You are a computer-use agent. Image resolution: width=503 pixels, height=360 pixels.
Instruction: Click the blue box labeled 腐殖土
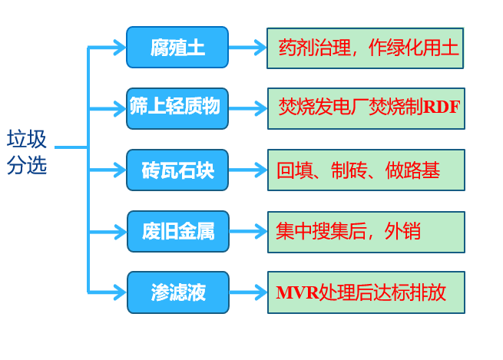pyautogui.click(x=177, y=48)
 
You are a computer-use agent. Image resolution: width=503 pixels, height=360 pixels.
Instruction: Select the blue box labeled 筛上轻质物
pyautogui.click(x=177, y=109)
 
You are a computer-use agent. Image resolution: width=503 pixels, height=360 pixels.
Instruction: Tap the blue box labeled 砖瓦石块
pyautogui.click(x=177, y=170)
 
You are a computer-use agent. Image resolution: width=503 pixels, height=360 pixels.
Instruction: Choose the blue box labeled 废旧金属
pyautogui.click(x=178, y=232)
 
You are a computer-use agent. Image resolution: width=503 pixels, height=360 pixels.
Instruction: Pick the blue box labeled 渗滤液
pyautogui.click(x=178, y=292)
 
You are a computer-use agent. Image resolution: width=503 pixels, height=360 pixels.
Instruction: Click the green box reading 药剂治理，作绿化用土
pyautogui.click(x=365, y=48)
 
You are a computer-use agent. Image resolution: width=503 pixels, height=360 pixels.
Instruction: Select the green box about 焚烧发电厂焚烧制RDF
pyautogui.click(x=366, y=109)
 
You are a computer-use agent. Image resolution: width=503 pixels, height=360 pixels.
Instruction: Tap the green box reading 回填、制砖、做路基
pyautogui.click(x=366, y=170)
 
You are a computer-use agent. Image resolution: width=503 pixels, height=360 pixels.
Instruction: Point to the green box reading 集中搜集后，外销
pyautogui.click(x=366, y=232)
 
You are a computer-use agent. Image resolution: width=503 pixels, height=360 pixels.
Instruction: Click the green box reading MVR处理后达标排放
pyautogui.click(x=366, y=292)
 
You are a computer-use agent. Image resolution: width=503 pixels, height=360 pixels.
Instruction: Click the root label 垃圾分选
pyautogui.click(x=27, y=152)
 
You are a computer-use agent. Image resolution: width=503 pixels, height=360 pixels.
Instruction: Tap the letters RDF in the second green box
pyautogui.click(x=442, y=107)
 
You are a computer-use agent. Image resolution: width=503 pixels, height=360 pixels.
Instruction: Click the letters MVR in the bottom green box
pyautogui.click(x=297, y=292)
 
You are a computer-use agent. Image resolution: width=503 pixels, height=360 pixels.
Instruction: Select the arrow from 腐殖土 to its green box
pyautogui.click(x=247, y=48)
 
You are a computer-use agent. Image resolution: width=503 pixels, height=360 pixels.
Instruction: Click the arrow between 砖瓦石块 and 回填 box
pyautogui.click(x=248, y=170)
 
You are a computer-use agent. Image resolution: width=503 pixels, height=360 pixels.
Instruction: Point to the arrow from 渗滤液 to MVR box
pyautogui.click(x=248, y=292)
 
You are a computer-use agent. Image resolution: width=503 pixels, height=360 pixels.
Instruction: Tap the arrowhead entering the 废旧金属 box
pyautogui.click(x=121, y=232)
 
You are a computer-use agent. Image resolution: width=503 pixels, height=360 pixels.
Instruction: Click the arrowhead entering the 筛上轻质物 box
pyautogui.click(x=120, y=109)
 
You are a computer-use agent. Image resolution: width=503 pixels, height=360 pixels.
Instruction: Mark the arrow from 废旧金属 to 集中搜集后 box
pyautogui.click(x=248, y=232)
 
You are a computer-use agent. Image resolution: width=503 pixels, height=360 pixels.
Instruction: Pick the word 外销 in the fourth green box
pyautogui.click(x=402, y=231)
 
